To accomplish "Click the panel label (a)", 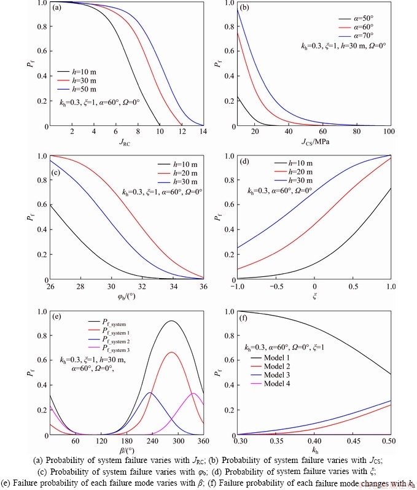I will click(57, 8).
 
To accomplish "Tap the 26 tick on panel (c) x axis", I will click(51, 287).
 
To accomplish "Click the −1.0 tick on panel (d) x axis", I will click(237, 287).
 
